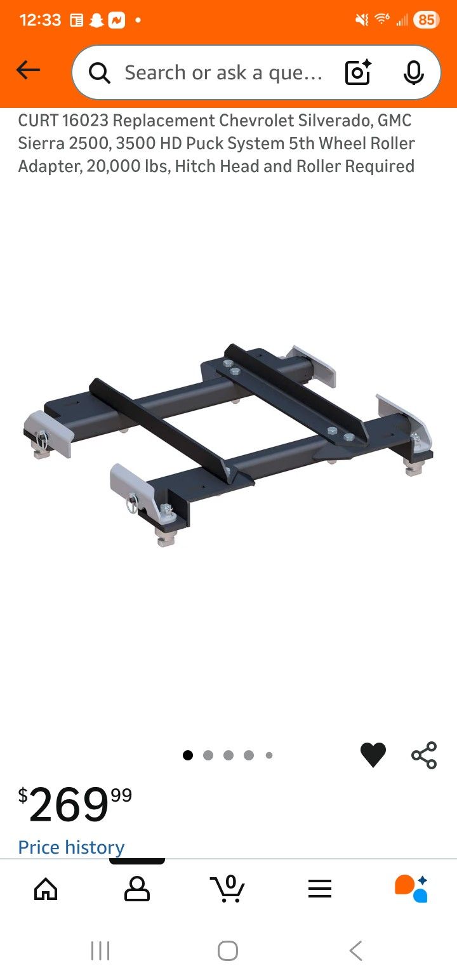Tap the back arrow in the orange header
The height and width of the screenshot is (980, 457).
click(29, 70)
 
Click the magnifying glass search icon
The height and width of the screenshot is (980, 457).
click(99, 73)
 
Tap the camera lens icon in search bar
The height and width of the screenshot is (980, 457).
click(358, 73)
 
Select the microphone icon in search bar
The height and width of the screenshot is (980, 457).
click(413, 73)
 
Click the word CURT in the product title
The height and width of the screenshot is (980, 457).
click(37, 121)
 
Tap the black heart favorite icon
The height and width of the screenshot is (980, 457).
click(373, 755)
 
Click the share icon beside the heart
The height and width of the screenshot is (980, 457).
click(424, 755)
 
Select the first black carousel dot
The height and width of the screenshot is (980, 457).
click(188, 755)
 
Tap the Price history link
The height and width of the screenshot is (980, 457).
click(71, 847)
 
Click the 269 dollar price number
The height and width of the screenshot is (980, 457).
click(69, 805)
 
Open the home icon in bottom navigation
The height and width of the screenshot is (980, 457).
click(46, 889)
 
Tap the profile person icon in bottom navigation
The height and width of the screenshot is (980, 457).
click(137, 889)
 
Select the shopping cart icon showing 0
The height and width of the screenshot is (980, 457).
click(228, 889)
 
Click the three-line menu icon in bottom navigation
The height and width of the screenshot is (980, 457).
click(320, 889)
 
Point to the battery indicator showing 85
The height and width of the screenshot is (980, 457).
click(425, 20)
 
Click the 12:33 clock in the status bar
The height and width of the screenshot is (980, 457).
click(40, 20)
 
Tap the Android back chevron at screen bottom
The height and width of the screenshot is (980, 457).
click(356, 951)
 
